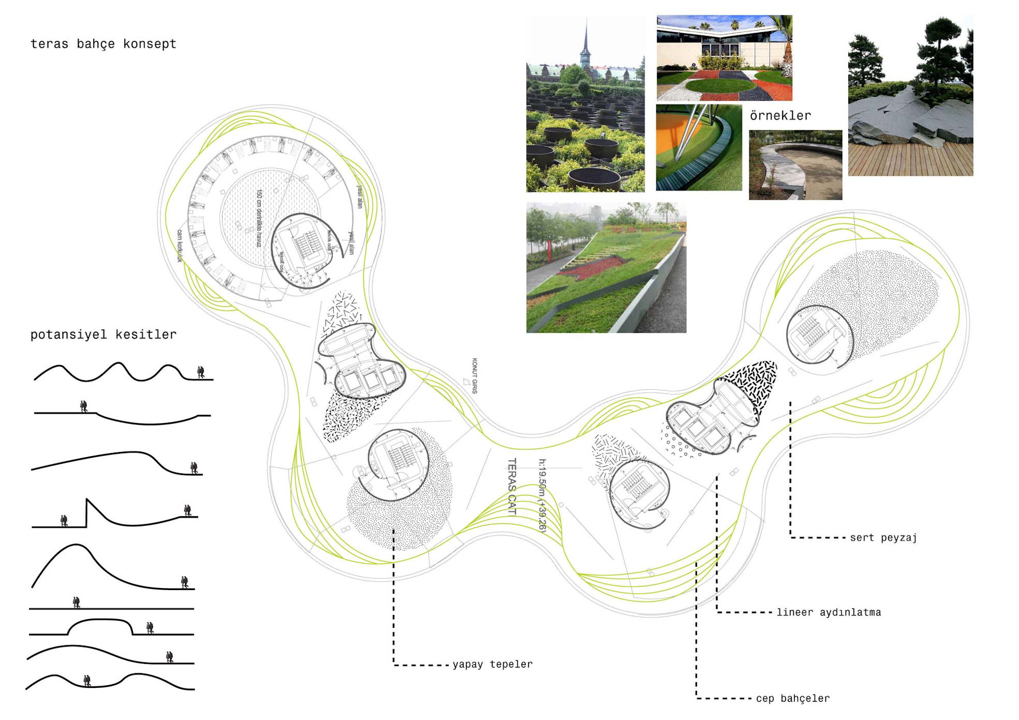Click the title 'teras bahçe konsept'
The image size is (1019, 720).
(x=103, y=44)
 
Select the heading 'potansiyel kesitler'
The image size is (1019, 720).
(x=103, y=334)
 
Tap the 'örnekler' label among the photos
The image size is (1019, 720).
(x=780, y=116)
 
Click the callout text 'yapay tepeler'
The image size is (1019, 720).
(x=492, y=664)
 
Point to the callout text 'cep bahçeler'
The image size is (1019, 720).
(x=792, y=698)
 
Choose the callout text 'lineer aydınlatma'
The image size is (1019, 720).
(x=828, y=612)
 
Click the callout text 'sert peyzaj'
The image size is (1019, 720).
(x=883, y=537)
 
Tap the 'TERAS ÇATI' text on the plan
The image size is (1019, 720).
(x=512, y=487)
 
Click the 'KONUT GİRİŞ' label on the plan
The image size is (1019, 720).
(x=474, y=376)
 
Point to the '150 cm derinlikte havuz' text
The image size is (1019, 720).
(x=259, y=218)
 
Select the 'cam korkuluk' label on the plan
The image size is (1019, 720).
(x=179, y=246)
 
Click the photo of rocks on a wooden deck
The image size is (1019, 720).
(x=910, y=97)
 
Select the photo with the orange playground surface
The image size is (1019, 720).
(x=699, y=148)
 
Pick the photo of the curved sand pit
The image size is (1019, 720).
(x=795, y=165)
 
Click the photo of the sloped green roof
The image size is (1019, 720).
(x=606, y=268)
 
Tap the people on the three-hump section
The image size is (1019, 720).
(x=201, y=372)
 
